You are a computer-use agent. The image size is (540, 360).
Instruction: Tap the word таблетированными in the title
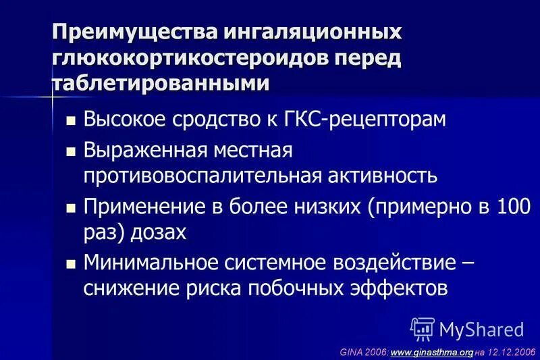[161, 83]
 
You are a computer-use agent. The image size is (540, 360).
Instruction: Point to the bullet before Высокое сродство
[70, 121]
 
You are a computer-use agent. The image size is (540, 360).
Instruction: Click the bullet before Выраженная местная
[70, 151]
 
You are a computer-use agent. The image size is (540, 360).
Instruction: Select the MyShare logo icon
[422, 329]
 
